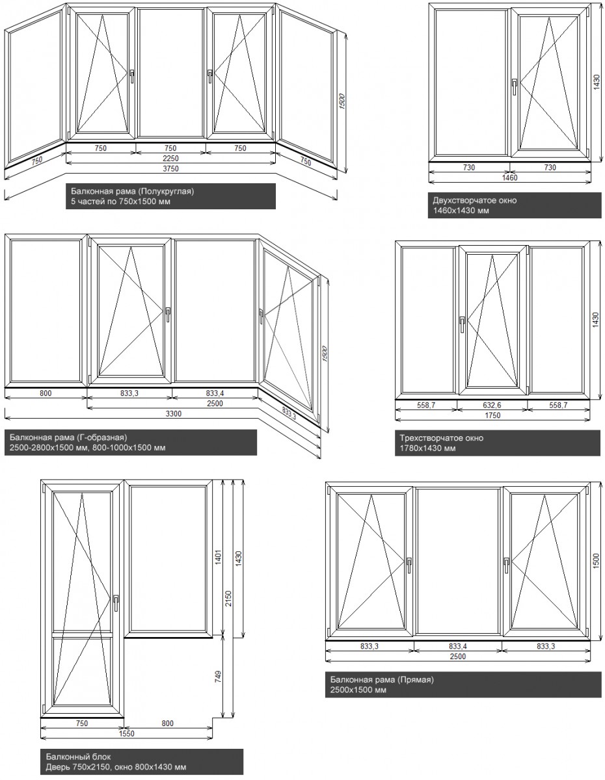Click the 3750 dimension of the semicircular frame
(x=171, y=168)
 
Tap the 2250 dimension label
(x=171, y=158)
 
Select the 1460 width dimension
(x=510, y=177)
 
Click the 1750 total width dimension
(x=492, y=414)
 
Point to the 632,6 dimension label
(x=492, y=404)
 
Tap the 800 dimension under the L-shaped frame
(x=46, y=393)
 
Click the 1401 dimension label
(x=219, y=558)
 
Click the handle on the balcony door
(x=115, y=602)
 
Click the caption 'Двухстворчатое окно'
(x=474, y=200)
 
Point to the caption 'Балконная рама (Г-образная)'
(x=72, y=437)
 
